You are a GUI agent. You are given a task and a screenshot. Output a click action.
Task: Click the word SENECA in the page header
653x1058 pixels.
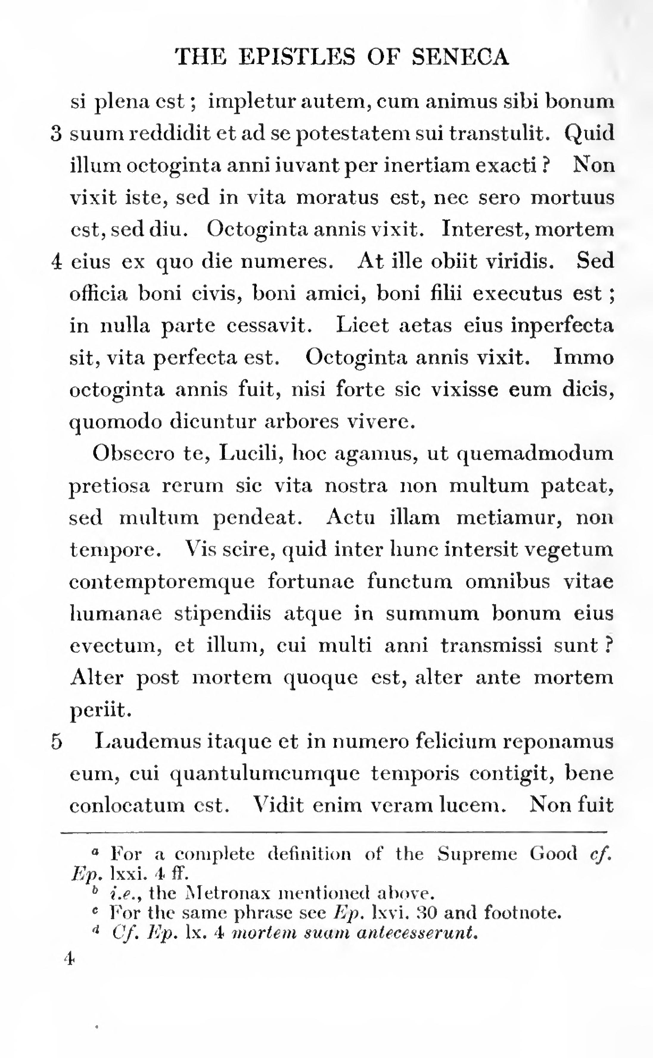click(x=460, y=57)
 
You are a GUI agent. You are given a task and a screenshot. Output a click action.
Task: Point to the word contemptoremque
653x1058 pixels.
click(x=162, y=582)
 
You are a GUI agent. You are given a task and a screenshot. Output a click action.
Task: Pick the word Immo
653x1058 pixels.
click(x=584, y=358)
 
